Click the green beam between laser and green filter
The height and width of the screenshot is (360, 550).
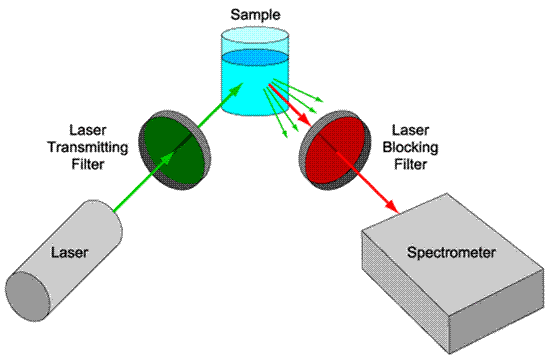point(125,196)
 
